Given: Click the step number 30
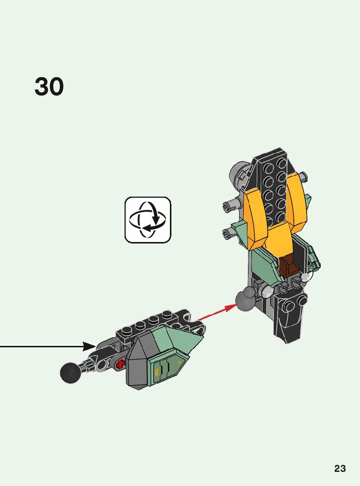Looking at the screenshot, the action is (49, 87).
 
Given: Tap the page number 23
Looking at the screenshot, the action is (340, 468).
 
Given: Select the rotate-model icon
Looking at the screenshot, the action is (148, 220).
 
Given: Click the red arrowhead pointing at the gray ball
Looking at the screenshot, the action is (231, 306).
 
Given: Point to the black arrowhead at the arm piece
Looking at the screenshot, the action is (89, 346).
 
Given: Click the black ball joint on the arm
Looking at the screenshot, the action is (71, 373).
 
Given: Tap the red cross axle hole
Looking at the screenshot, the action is (119, 363).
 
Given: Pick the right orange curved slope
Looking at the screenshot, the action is (296, 199).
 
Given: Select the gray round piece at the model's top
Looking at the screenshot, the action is (239, 174).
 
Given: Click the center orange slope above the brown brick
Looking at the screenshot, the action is (279, 239).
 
